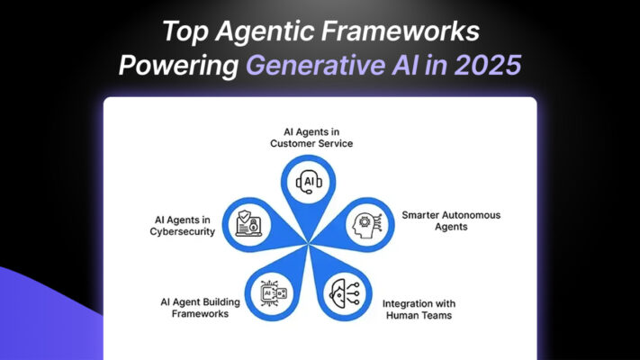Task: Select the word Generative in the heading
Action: coord(315,65)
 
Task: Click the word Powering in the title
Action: coord(178,66)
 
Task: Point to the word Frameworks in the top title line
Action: coord(401,31)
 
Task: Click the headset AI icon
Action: coord(309,182)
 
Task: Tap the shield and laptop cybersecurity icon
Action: coord(248,224)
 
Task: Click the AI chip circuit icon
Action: coord(273,293)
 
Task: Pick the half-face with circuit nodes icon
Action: coord(344,294)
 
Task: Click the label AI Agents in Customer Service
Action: coord(311,138)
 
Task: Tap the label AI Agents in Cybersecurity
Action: coord(182,226)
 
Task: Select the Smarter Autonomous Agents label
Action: coord(451,220)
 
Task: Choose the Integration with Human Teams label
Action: coord(419,310)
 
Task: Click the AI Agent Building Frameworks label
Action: coord(200,308)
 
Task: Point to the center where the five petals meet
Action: coord(308,244)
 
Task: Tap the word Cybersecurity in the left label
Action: coord(182,231)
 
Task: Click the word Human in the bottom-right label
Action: coord(403,315)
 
